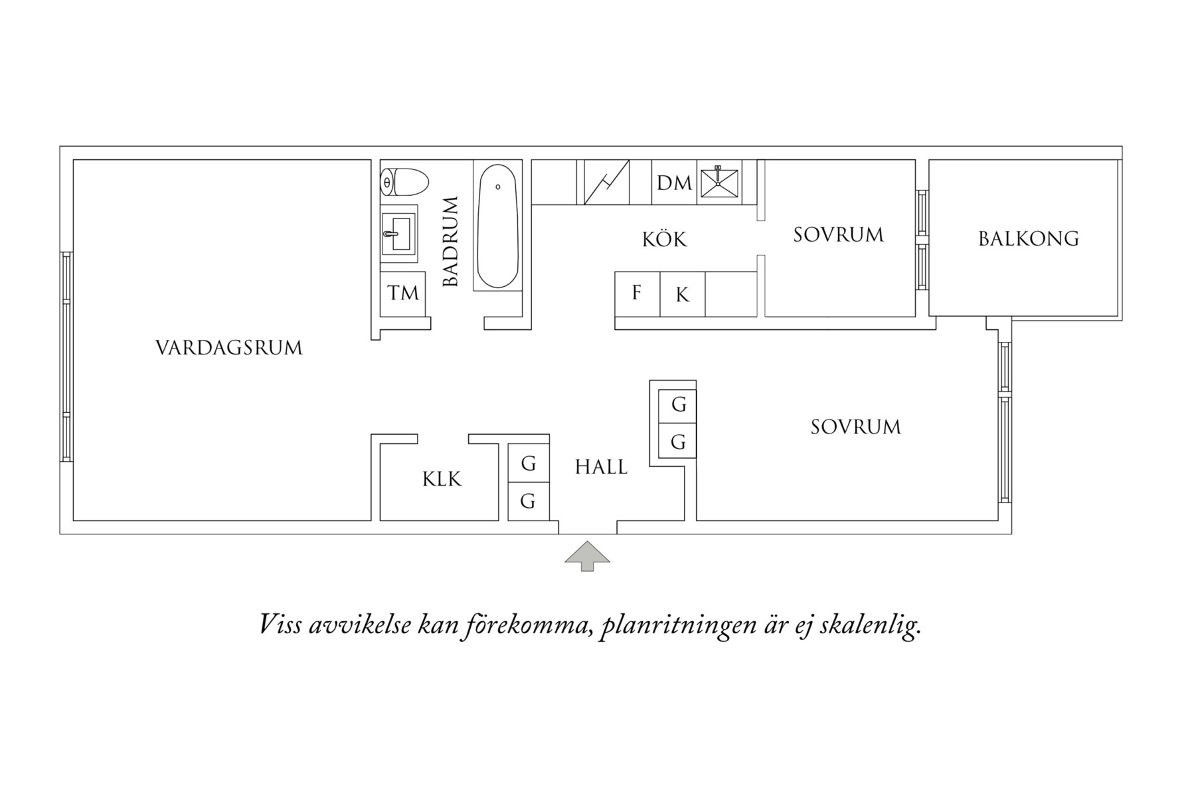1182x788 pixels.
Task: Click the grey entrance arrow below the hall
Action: [587, 556]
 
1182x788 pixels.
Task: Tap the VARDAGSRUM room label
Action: [229, 348]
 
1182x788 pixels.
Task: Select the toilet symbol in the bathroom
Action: [404, 182]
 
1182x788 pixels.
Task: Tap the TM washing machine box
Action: [403, 293]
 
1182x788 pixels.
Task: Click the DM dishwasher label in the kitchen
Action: [674, 183]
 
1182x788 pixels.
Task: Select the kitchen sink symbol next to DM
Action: [719, 182]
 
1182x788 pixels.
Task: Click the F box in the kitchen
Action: [637, 293]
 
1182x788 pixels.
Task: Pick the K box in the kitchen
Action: [682, 295]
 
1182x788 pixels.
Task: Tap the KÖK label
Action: [664, 240]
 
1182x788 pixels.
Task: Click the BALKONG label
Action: [1028, 238]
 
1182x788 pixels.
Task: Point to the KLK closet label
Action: [442, 479]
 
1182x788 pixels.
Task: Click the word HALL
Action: [601, 467]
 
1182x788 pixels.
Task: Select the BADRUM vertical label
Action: [451, 241]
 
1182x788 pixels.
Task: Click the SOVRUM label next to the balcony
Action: [838, 235]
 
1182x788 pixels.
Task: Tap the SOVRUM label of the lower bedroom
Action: [855, 427]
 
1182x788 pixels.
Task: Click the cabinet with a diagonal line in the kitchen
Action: [606, 183]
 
